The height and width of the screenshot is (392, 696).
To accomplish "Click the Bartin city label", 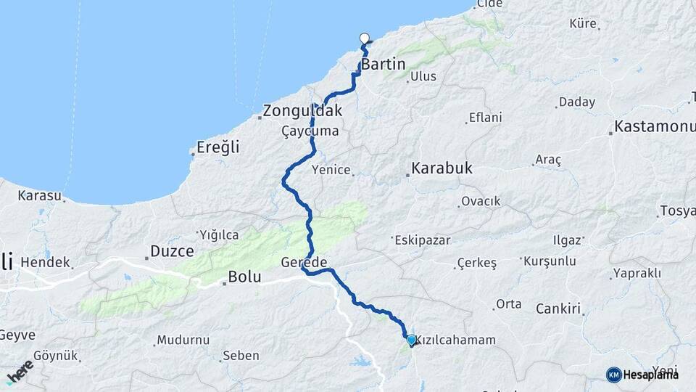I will click(383, 65).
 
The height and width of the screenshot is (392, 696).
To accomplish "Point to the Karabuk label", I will click(442, 168).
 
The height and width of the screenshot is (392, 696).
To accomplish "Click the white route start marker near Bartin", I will click(365, 39).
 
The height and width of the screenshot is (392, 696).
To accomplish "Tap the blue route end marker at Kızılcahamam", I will click(411, 340).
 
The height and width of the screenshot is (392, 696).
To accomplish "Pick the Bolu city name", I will click(244, 277).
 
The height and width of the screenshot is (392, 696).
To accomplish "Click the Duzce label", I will click(172, 252).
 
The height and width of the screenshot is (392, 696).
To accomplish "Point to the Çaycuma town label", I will click(310, 131).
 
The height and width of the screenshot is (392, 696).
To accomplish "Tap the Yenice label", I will click(330, 170).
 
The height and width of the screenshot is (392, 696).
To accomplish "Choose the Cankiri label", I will click(559, 309).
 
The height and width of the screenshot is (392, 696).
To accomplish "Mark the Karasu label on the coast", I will click(41, 195).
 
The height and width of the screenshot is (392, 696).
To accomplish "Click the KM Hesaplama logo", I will click(642, 375).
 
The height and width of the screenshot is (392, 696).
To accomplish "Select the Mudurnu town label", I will click(183, 339).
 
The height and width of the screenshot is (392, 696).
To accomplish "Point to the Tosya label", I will click(677, 211).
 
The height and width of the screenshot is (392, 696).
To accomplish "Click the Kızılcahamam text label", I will click(455, 340).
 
